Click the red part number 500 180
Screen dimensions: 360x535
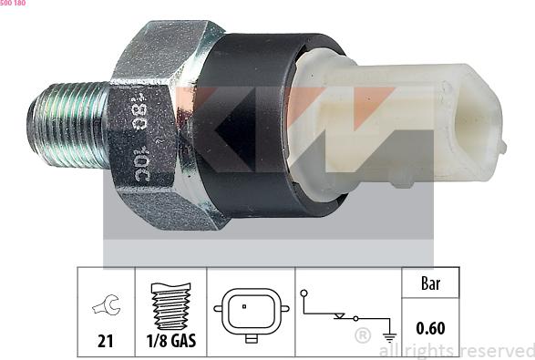(x=13, y=4)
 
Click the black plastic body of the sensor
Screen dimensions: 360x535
(x=255, y=128)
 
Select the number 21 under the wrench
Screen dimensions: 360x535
(x=106, y=342)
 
